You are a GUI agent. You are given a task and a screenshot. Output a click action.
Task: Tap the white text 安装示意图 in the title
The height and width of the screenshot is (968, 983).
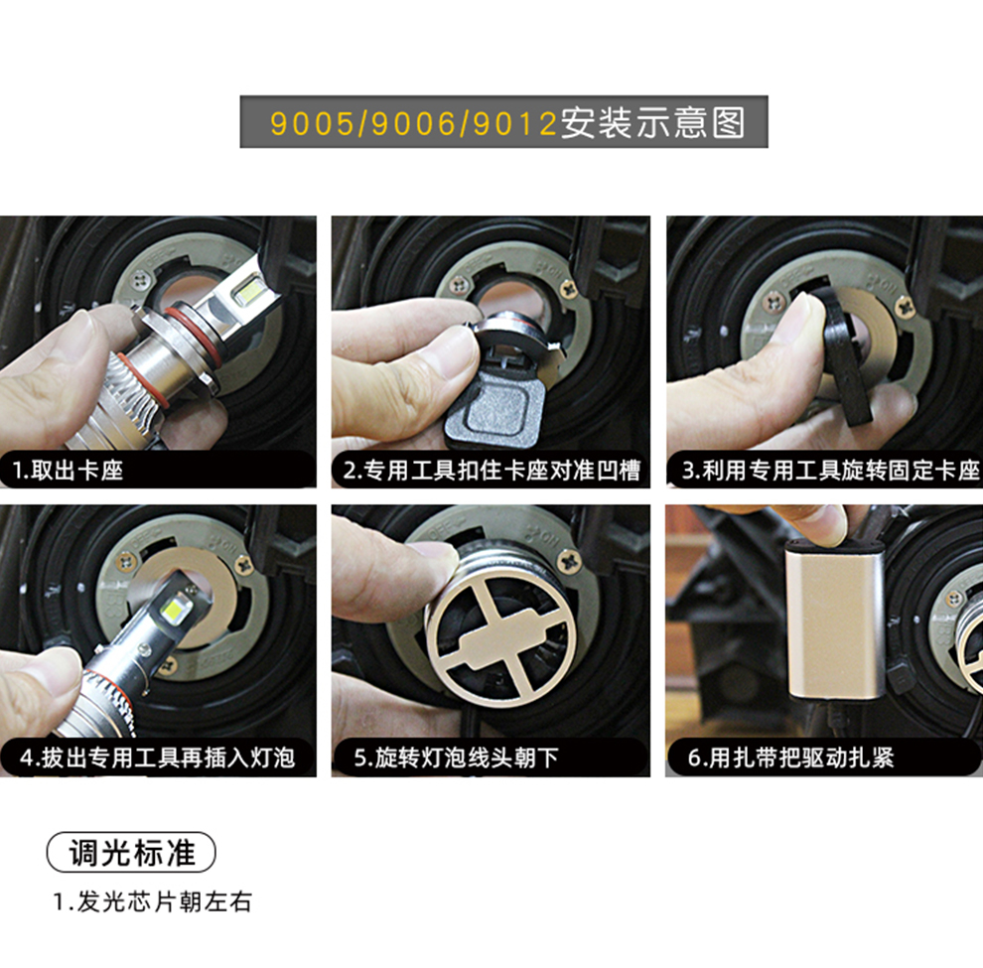pos(652,122)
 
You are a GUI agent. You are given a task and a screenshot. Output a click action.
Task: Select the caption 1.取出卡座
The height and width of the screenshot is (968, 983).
pos(69,470)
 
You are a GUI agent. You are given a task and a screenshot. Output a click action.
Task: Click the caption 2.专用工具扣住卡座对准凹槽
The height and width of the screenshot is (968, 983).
pos(491,470)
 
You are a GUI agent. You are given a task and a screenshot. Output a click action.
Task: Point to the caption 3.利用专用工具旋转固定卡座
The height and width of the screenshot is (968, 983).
pos(831,470)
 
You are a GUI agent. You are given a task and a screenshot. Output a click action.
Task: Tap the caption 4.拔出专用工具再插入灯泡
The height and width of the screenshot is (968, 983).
pos(157,758)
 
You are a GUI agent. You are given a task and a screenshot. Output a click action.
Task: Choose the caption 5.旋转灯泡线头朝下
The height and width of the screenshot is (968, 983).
pos(456,758)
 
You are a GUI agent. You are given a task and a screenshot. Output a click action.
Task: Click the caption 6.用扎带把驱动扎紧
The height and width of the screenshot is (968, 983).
pos(790,758)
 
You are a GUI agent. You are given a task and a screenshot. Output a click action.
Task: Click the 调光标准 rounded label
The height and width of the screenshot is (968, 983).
pos(131,852)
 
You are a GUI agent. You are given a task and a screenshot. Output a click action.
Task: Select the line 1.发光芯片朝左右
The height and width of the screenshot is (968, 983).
pos(152,902)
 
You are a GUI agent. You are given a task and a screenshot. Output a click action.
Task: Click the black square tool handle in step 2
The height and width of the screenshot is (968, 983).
pos(495,413)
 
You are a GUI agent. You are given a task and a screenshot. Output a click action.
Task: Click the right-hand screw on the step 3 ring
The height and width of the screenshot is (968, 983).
pos(905,306)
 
